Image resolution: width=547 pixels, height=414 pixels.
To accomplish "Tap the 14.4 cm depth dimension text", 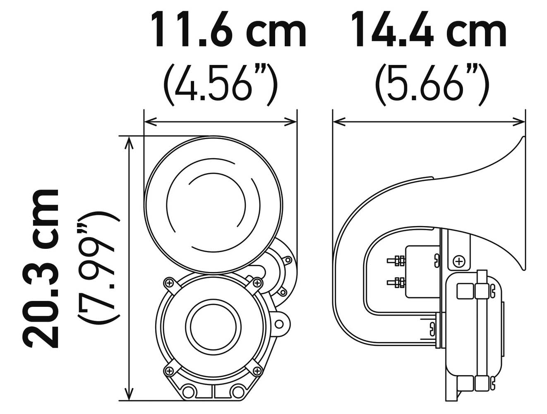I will tap(429, 30).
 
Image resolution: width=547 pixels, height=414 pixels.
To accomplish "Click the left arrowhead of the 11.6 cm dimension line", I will tap(149, 122).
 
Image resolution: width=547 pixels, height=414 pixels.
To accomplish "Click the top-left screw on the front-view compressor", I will tap(169, 283).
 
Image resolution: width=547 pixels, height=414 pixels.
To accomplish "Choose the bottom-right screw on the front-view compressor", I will tap(257, 370).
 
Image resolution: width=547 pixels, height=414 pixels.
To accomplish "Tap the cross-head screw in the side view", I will tap(458, 262).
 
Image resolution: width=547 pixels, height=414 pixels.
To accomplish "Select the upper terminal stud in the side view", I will tap(395, 261).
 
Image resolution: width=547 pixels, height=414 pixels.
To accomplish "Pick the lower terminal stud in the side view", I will tap(395, 283).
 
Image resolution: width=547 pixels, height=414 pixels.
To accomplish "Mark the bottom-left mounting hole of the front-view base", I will tap(189, 391).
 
